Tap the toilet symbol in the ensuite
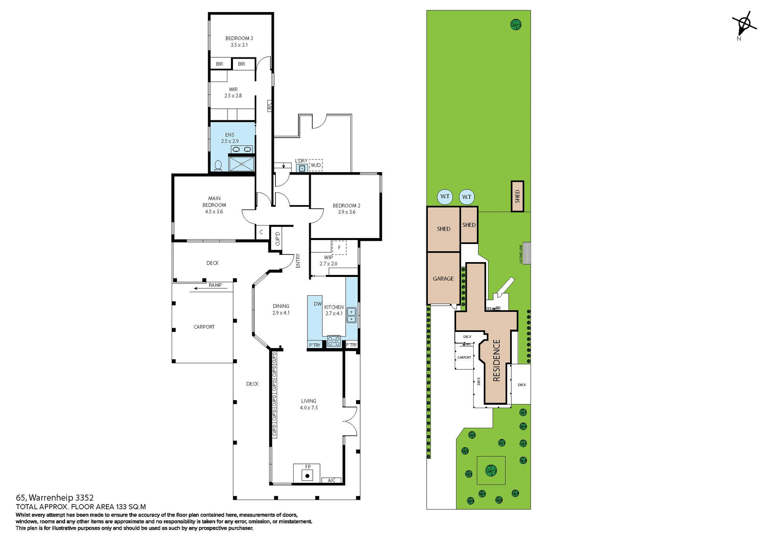[x=218, y=166]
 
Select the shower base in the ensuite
[x=241, y=163]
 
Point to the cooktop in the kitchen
[x=334, y=341]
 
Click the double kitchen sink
[x=351, y=315]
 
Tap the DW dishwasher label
[x=318, y=304]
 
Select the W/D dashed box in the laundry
[x=316, y=165]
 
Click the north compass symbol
[x=744, y=25]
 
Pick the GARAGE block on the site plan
[x=443, y=278]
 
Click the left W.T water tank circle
[x=445, y=197]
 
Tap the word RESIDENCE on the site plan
[x=496, y=360]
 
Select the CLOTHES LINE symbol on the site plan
[x=526, y=253]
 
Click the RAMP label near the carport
[x=215, y=285]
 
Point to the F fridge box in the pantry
[x=339, y=248]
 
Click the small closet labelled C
[x=261, y=232]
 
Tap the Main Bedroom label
[x=214, y=205]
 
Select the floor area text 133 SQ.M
[x=131, y=507]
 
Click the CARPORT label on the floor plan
[x=204, y=327]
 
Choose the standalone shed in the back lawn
[x=517, y=196]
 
